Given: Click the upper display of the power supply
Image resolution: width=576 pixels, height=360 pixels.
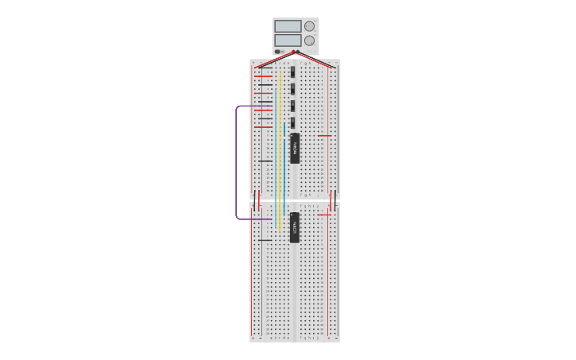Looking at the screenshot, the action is [288, 26].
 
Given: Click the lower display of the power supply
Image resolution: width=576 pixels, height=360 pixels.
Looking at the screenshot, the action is [288, 40].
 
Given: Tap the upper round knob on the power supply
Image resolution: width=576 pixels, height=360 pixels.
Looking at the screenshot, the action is [309, 26].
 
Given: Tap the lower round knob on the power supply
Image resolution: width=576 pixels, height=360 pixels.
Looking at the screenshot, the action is [309, 41].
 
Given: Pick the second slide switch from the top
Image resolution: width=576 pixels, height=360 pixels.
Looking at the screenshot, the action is [293, 88].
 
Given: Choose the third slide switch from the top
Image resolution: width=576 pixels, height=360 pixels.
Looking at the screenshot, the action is [293, 105].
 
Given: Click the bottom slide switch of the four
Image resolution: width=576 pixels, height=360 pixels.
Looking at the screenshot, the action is [293, 122].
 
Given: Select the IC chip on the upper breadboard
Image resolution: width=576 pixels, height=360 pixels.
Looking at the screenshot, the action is [294, 148].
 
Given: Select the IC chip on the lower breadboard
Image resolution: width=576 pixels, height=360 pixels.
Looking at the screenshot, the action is [294, 227].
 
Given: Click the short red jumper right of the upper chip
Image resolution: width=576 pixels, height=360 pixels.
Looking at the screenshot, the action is [323, 135].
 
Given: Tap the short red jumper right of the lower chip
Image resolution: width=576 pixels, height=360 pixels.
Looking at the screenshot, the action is [323, 215].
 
